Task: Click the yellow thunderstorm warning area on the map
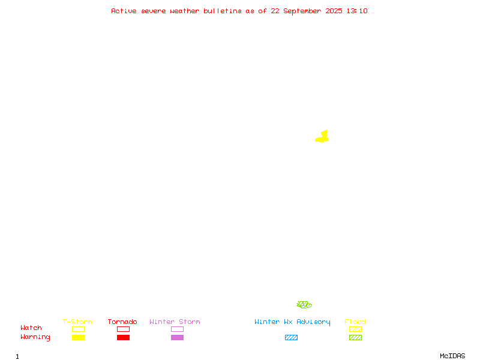pos(322,137)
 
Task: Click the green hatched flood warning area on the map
pos(304,305)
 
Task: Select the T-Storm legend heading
pos(77,322)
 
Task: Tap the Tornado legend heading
pos(122,322)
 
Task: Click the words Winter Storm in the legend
pos(175,322)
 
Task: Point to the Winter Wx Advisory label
pos(292,322)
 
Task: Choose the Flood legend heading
pos(355,322)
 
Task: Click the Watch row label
pos(31,328)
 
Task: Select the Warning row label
pos(35,337)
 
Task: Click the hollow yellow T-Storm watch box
pos(79,329)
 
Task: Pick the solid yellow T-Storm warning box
pos(79,337)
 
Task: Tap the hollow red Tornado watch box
pos(124,329)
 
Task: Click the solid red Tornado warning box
pos(124,337)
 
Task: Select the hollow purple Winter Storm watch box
pos(177,329)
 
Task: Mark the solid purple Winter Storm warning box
pos(177,337)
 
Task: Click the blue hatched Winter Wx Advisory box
pos(291,337)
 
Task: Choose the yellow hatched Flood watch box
pos(355,329)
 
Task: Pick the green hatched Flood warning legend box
pos(355,337)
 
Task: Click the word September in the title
pos(302,11)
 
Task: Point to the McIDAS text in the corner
pos(452,356)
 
